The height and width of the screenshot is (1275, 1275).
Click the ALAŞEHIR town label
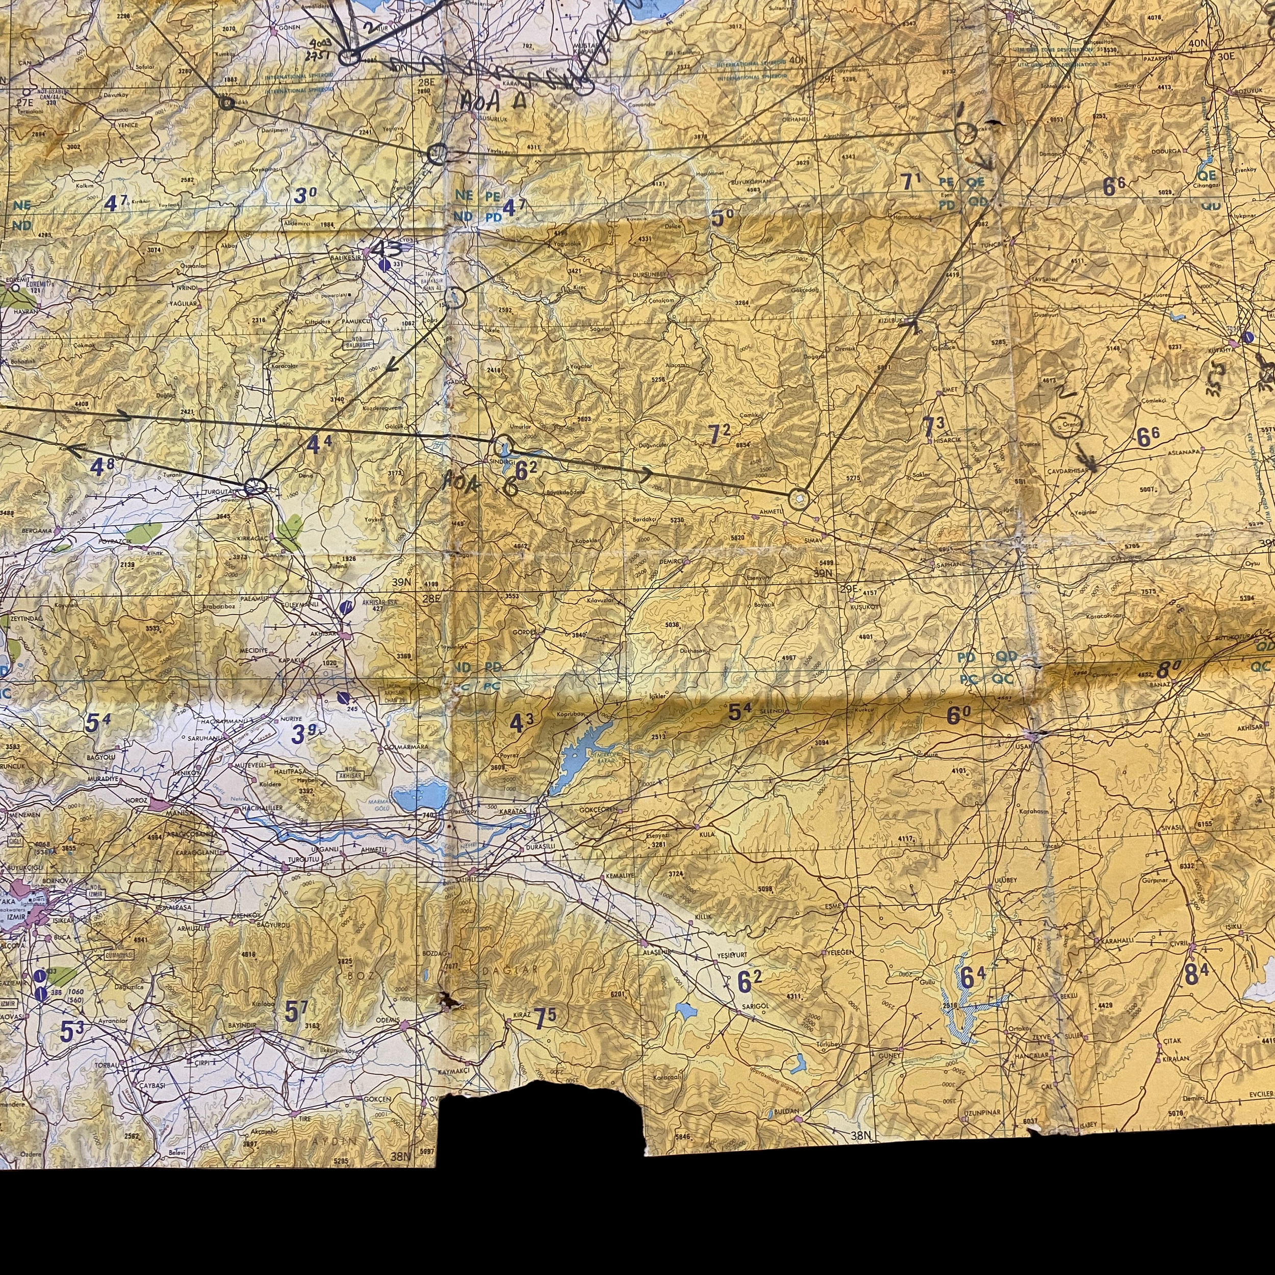657,952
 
